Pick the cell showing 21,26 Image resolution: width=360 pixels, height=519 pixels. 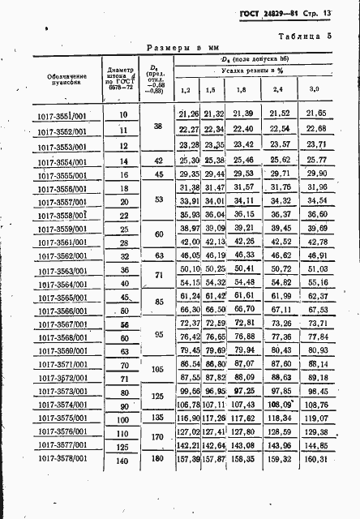189,114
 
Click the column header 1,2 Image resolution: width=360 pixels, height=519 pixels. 186,89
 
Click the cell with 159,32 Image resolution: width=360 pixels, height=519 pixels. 278,461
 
